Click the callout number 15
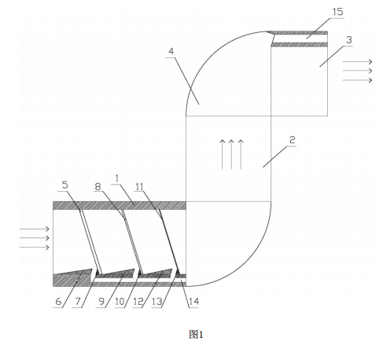tap(337, 12)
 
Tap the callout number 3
tap(349, 40)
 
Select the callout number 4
tap(171, 51)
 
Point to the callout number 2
tap(292, 140)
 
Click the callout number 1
tap(117, 178)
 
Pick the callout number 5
tap(64, 185)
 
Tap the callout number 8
tap(97, 187)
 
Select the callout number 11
tap(139, 187)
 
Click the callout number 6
tap(58, 302)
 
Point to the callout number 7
tap(78, 302)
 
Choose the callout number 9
tap(101, 302)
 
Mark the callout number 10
tap(120, 302)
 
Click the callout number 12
tap(138, 302)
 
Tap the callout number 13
tap(156, 302)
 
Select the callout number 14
tap(193, 302)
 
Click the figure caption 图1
tap(196, 335)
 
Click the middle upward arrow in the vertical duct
tap(231, 155)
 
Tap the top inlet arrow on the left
tap(35, 229)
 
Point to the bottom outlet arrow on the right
tap(358, 80)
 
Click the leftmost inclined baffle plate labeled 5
tap(91, 241)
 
